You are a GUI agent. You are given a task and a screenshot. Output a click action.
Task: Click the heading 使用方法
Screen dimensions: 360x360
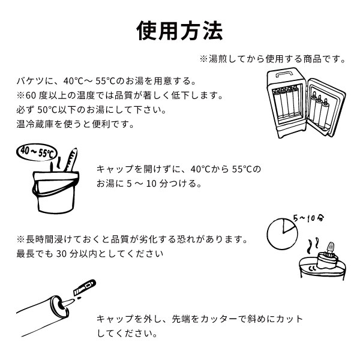click(x=179, y=31)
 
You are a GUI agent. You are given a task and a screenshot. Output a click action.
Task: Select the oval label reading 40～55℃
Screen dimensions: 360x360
click(x=37, y=152)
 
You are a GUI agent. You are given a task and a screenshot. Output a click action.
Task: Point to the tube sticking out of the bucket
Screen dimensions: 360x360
click(x=71, y=160)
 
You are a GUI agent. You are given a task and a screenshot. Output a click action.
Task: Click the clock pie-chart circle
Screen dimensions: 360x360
click(x=283, y=234)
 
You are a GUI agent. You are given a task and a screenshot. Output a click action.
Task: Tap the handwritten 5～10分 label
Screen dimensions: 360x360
click(x=308, y=218)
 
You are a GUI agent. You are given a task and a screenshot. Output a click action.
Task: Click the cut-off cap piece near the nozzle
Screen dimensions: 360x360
click(x=84, y=287)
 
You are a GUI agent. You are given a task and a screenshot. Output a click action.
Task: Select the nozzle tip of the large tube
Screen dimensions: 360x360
click(x=67, y=302)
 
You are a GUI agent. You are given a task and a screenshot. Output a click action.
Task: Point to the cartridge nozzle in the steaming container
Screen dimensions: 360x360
click(x=330, y=248)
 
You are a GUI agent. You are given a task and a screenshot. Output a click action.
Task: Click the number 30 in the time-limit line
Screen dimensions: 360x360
click(x=61, y=254)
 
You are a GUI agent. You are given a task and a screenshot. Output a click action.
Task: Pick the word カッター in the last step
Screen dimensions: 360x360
click(x=220, y=319)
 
